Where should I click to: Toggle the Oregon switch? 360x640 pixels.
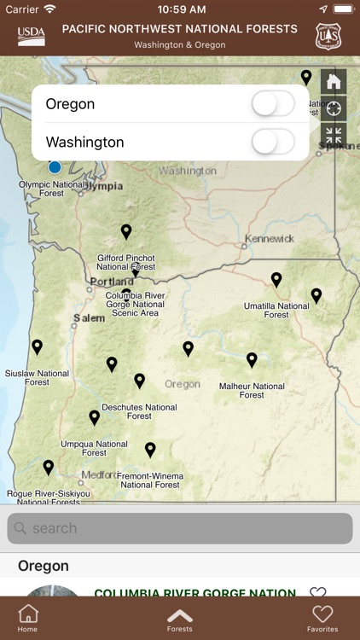(273, 104)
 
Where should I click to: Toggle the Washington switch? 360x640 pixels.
(273, 142)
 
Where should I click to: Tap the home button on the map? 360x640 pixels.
(334, 82)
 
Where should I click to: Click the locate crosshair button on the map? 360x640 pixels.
(334, 108)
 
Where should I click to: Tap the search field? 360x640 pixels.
(180, 528)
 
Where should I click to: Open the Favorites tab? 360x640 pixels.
(322, 619)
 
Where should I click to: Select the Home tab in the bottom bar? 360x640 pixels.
(28, 619)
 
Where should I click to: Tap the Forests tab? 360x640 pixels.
(180, 619)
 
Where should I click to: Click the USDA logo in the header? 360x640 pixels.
(32, 37)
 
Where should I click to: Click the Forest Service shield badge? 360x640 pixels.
(328, 37)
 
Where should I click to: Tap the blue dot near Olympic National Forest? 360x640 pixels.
(55, 166)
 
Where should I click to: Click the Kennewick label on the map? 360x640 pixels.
(270, 238)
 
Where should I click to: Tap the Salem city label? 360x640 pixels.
(89, 317)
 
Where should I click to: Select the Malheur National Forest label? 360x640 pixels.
(252, 390)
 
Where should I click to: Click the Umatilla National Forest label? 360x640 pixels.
(276, 310)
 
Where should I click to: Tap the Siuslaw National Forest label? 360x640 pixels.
(37, 377)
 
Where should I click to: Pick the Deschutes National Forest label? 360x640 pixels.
(139, 411)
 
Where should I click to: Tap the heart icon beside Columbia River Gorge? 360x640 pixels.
(318, 593)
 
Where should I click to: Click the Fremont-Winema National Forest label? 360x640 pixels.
(150, 480)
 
